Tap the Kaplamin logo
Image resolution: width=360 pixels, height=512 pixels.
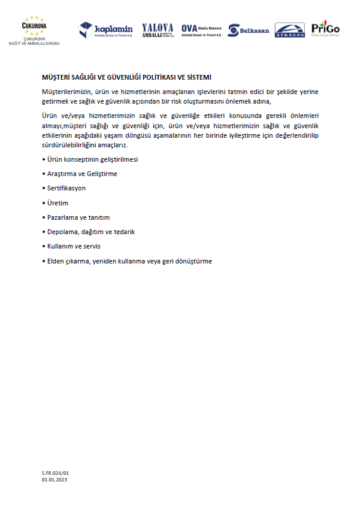(x=106, y=29)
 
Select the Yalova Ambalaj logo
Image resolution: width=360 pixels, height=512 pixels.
(x=158, y=29)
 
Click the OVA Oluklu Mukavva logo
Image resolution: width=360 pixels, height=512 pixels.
(x=201, y=30)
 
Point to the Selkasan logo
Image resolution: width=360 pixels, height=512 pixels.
(x=249, y=30)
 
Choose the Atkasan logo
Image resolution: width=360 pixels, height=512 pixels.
(x=289, y=30)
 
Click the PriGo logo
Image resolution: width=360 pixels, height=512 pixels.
(x=325, y=29)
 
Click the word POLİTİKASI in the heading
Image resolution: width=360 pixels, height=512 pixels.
(x=155, y=78)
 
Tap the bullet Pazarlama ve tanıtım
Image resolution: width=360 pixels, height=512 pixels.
(x=78, y=217)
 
